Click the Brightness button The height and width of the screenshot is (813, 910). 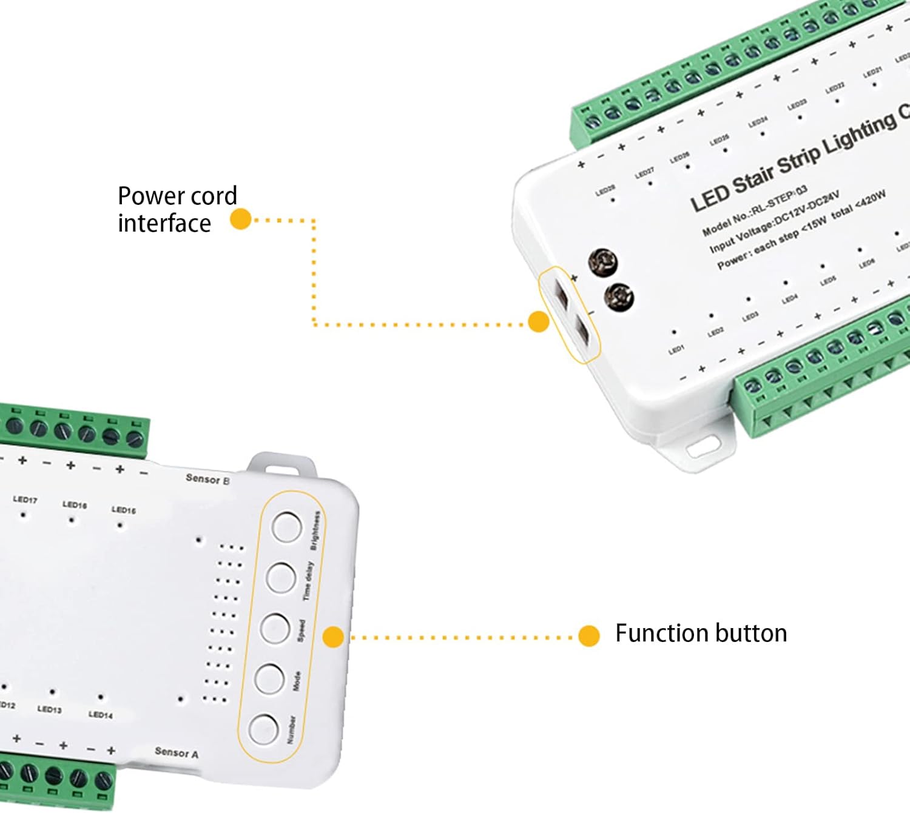pyautogui.click(x=287, y=527)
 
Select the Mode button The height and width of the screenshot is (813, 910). pyautogui.click(x=269, y=678)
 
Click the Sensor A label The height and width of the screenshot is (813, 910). pyautogui.click(x=176, y=752)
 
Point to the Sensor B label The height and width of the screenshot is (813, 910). pyautogui.click(x=207, y=479)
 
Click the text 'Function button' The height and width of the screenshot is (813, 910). pyautogui.click(x=701, y=634)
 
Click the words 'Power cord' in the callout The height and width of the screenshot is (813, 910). pyautogui.click(x=177, y=196)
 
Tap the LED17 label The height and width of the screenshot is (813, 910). pyautogui.click(x=25, y=500)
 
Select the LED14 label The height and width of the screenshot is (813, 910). pyautogui.click(x=101, y=715)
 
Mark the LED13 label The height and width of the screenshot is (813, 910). pyautogui.click(x=49, y=709)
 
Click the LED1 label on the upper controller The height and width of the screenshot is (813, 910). pyautogui.click(x=676, y=350)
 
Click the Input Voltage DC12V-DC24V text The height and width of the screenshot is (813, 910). pyautogui.click(x=774, y=222)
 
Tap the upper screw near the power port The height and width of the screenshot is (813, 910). pyautogui.click(x=603, y=262)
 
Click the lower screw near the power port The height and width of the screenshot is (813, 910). pyautogui.click(x=619, y=297)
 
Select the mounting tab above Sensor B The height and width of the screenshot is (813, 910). pyautogui.click(x=281, y=465)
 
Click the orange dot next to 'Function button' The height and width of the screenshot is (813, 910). pyautogui.click(x=588, y=636)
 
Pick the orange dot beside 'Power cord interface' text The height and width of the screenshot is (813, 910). pyautogui.click(x=241, y=219)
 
